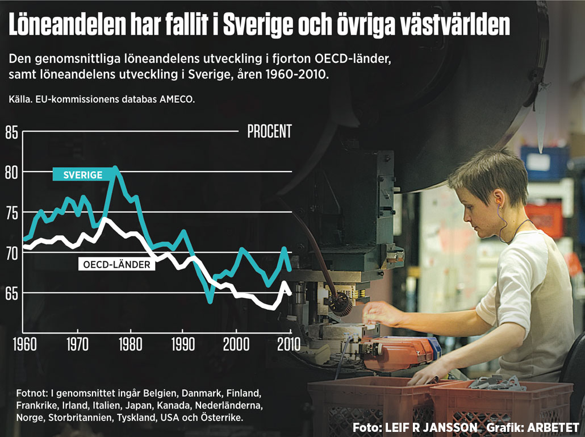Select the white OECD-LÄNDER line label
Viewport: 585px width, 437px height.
click(116, 264)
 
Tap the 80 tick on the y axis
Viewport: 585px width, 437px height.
click(12, 172)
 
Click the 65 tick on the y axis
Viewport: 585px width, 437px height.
click(12, 294)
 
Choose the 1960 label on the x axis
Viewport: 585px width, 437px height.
click(23, 344)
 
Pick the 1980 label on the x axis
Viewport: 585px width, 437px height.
click(130, 344)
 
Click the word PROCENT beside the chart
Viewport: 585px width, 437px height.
click(269, 131)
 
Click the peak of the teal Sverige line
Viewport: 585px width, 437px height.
click(115, 168)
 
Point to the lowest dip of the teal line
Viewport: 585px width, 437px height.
click(210, 301)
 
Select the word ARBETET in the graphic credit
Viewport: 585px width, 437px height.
click(553, 427)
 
